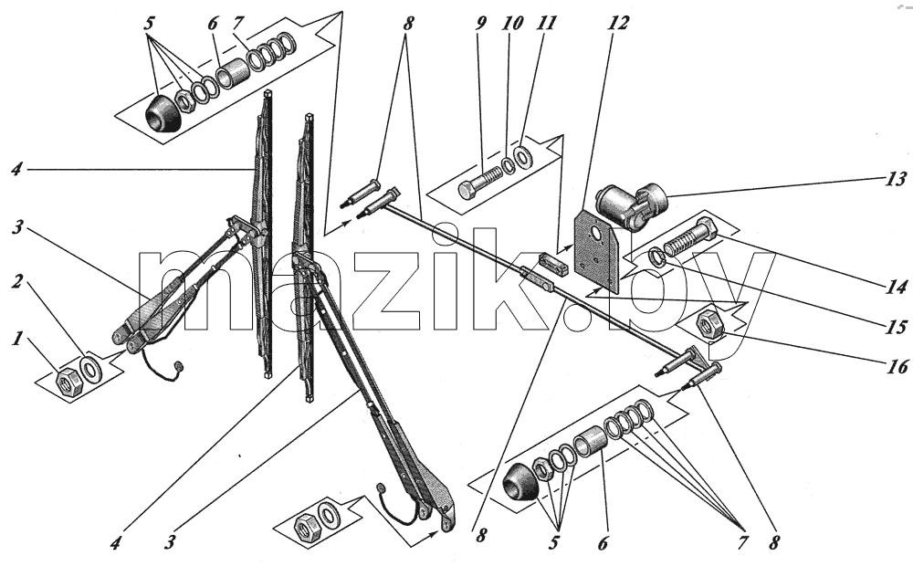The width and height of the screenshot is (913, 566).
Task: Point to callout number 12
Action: [618, 24]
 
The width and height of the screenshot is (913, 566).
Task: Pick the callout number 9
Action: [480, 24]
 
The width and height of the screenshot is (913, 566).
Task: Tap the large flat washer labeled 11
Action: [527, 155]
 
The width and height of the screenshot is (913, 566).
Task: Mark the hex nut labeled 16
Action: [710, 324]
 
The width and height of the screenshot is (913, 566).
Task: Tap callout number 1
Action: [18, 338]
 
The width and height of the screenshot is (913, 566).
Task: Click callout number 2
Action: [17, 282]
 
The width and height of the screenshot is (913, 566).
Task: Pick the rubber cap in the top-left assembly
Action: [163, 115]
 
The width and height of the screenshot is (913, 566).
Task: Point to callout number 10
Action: [512, 24]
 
